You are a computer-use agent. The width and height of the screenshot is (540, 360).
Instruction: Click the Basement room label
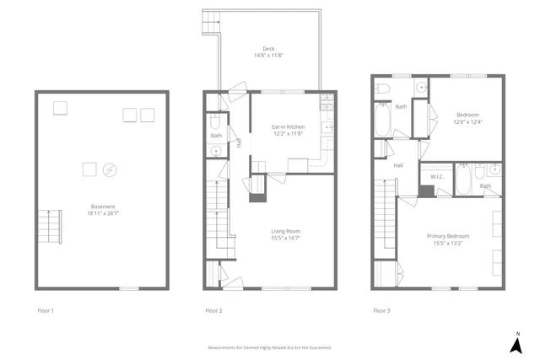103,207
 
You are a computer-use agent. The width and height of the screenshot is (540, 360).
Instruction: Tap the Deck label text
269,49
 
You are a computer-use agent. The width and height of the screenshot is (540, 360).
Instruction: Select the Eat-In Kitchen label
289,126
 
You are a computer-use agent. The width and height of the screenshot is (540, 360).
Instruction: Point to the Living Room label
287,231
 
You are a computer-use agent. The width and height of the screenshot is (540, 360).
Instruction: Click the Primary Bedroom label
451,236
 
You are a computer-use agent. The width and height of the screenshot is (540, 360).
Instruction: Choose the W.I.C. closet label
437,177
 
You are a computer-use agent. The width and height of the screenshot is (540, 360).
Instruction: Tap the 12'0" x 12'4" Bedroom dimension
469,121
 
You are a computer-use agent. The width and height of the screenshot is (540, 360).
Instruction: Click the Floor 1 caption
46,311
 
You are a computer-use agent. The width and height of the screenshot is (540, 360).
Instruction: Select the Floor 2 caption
213,311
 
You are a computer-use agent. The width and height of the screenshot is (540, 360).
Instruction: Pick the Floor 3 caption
381,311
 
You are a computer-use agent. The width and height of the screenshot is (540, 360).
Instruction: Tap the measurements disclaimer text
270,347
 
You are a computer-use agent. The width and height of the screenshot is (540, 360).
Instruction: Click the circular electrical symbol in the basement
110,170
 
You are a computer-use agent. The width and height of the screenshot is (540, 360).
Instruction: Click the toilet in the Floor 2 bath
213,121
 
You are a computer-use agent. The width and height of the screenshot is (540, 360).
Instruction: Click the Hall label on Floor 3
397,165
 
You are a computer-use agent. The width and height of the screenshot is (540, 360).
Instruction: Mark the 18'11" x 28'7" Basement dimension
103,214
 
